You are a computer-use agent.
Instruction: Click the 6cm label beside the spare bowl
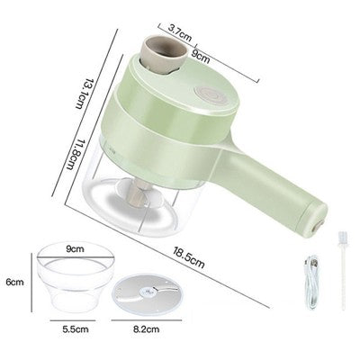click(x=13, y=282)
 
